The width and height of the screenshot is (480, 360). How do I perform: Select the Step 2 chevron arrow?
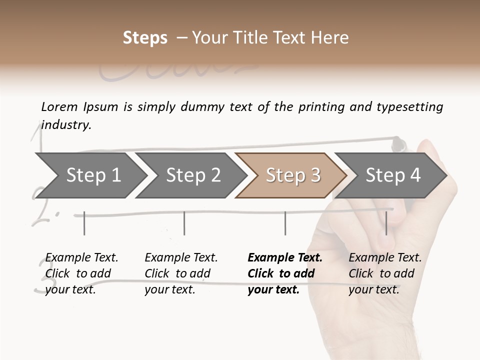190,175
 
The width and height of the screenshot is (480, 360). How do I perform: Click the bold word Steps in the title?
145,38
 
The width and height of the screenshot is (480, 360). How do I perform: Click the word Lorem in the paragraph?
59,106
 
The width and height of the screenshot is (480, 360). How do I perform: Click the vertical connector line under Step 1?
84,223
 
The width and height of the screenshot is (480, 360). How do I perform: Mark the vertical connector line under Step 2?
184,223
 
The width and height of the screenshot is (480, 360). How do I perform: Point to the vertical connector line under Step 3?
285,223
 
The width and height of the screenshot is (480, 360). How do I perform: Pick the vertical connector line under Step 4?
386,223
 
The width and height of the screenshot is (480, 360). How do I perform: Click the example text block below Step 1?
81,273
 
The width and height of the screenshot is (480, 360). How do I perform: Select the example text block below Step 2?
181,273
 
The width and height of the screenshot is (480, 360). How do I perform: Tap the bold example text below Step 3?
284,273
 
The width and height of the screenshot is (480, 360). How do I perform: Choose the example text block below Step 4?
385,273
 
